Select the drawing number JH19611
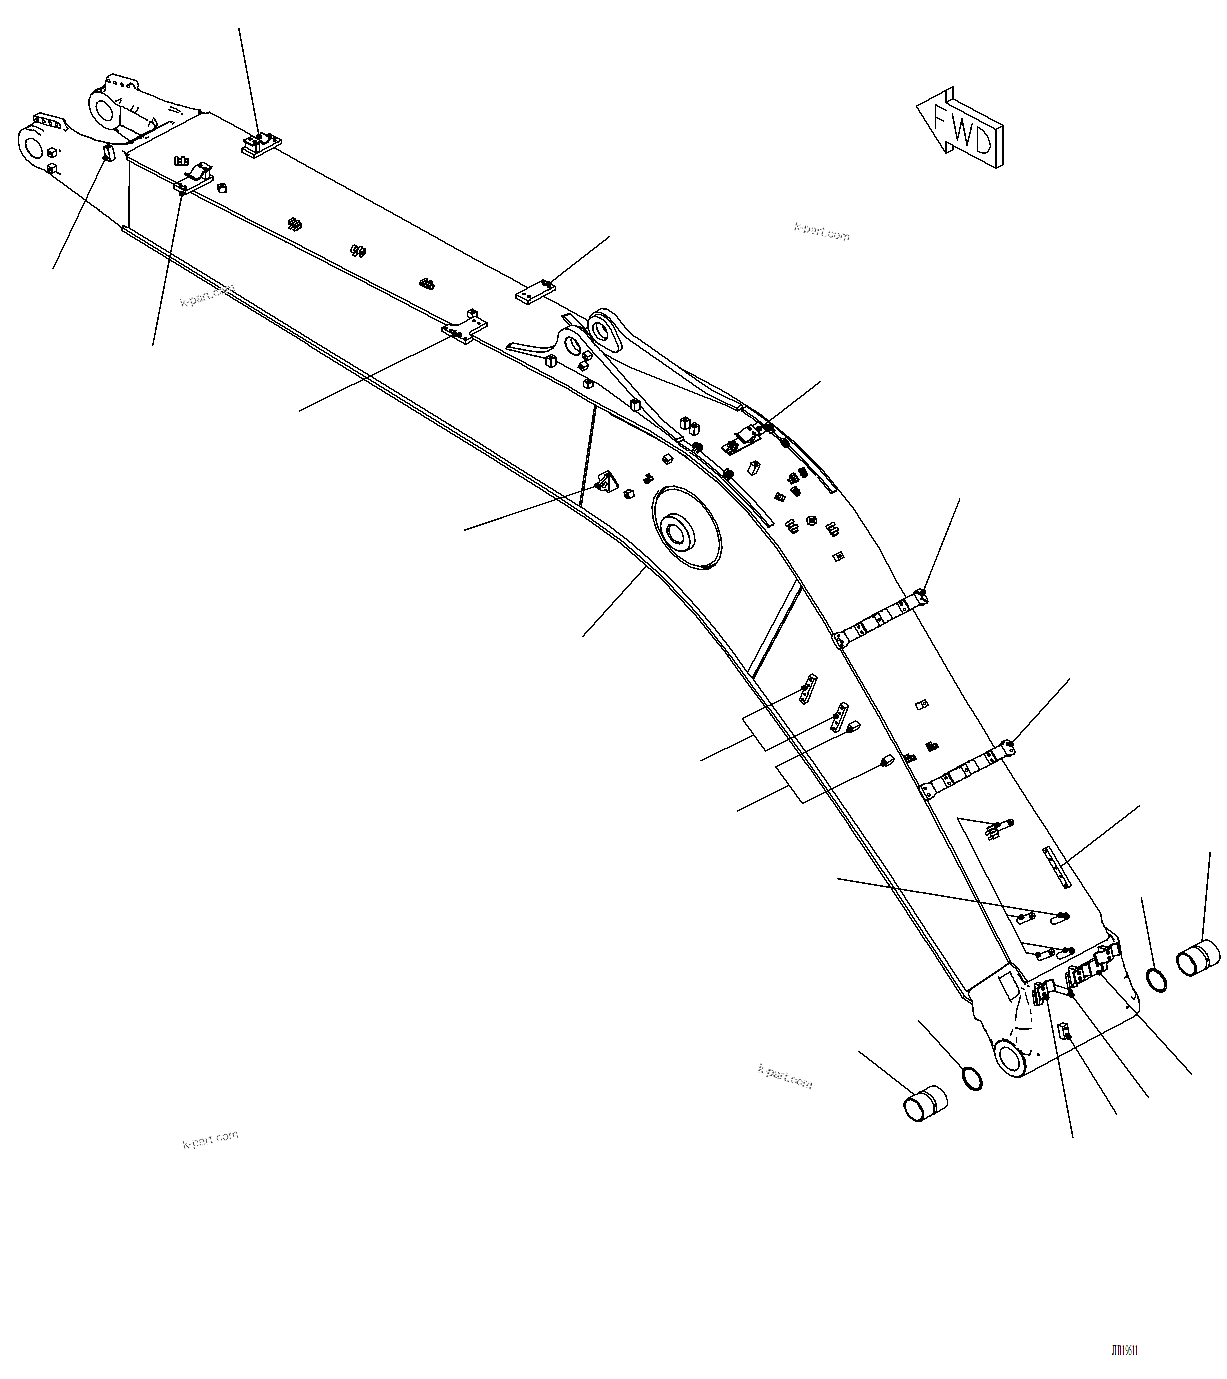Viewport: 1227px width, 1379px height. (1124, 1350)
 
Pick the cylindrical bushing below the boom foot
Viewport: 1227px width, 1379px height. (925, 1103)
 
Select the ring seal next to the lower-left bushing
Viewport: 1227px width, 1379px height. (972, 1079)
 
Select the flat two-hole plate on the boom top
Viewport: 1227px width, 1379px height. (535, 292)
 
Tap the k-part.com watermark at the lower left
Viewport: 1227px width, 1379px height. (210, 1139)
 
